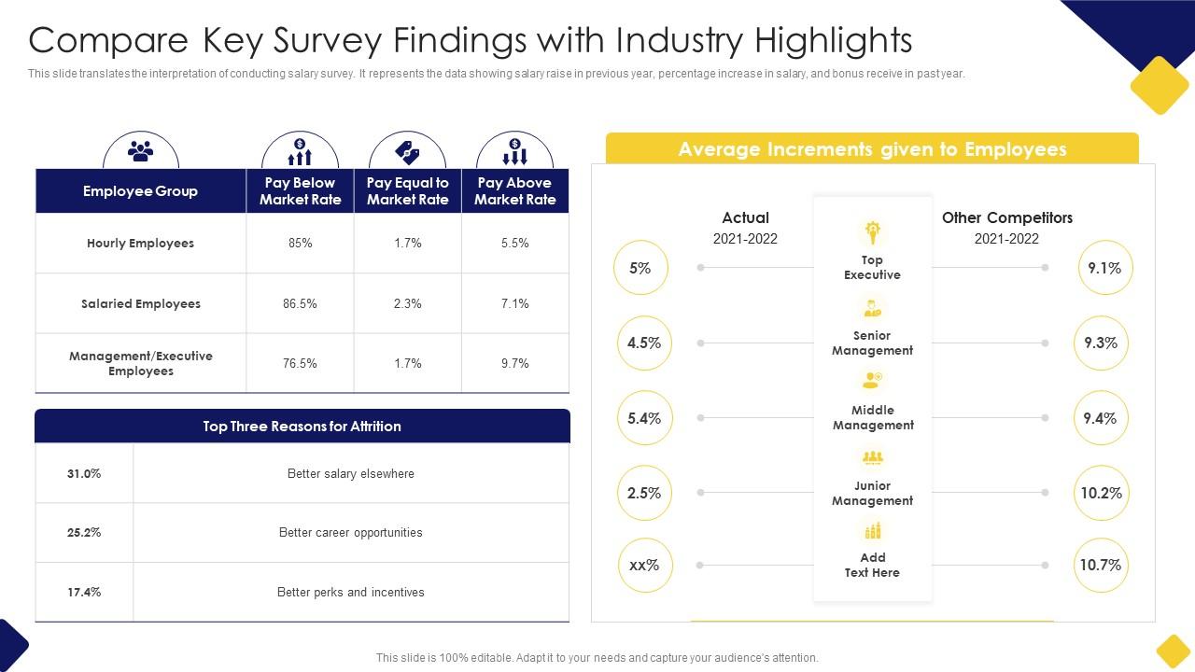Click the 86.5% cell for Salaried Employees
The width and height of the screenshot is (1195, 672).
(x=300, y=303)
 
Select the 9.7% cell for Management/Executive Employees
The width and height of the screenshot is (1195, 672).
(x=514, y=363)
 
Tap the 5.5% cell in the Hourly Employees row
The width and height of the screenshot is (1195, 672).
(x=514, y=243)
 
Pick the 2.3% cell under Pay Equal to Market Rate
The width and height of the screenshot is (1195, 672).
(x=407, y=303)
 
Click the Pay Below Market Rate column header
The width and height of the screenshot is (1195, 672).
(x=300, y=191)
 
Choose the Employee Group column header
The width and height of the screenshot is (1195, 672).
(x=140, y=191)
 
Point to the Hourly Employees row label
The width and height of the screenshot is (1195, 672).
(x=140, y=243)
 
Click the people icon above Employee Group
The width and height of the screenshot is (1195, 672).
(x=140, y=149)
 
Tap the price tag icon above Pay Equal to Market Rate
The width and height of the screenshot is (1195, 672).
(x=407, y=151)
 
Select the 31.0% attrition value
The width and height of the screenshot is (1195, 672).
(x=84, y=473)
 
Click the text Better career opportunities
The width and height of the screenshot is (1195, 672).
(x=350, y=532)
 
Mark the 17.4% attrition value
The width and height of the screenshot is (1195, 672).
(x=84, y=592)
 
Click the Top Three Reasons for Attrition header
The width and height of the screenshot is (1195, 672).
(x=302, y=426)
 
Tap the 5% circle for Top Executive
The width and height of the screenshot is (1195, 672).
(x=640, y=268)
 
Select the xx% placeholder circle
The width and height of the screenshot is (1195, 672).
(x=644, y=565)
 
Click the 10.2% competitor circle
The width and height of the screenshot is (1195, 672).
(x=1101, y=493)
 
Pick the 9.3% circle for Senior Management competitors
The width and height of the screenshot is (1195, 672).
(x=1101, y=343)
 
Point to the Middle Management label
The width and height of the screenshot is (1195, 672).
(x=873, y=417)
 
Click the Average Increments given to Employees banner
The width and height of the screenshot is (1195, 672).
(x=872, y=149)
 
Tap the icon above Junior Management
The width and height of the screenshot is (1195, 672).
(x=872, y=457)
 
